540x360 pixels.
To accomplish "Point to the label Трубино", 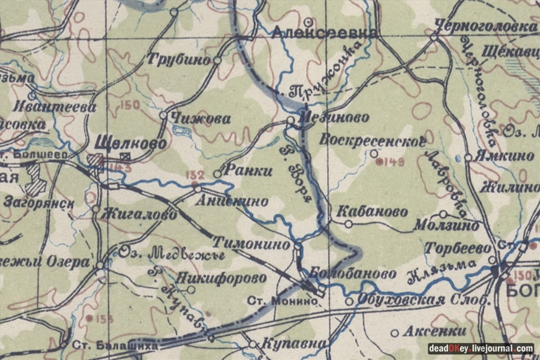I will point(179,60).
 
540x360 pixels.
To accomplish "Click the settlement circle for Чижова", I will point(163,115).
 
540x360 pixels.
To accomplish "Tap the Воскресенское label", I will point(373,141).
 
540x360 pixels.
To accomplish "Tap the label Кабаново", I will point(371,212).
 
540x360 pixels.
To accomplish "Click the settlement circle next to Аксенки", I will point(394,333).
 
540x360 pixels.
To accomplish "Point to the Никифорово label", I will point(221,278).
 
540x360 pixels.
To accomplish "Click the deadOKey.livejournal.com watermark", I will point(480,348).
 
